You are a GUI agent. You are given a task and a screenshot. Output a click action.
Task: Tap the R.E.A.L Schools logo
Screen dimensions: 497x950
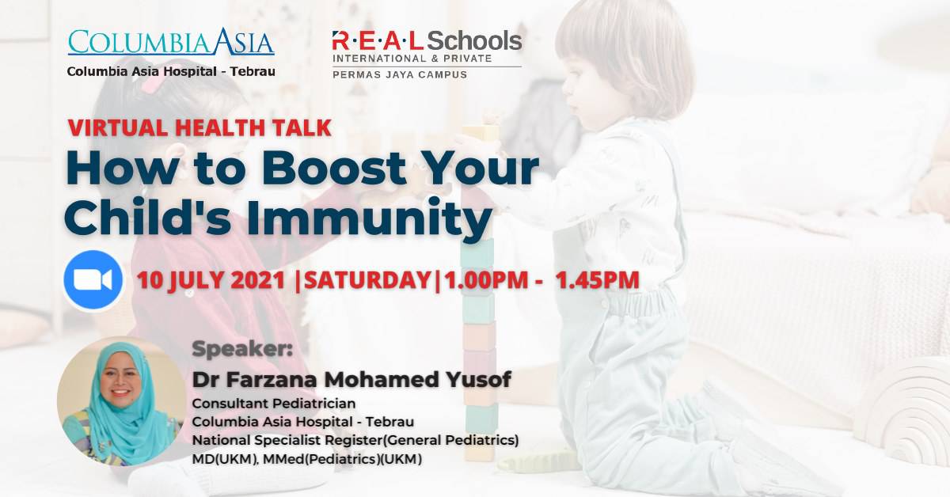tap(427, 41)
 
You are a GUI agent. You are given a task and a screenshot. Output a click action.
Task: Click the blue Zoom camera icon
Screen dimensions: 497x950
tap(93, 280)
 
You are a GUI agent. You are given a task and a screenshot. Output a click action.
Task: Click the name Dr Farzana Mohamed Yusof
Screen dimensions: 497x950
tap(351, 380)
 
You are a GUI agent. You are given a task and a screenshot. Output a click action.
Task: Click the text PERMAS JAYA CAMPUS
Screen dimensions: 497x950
tap(399, 74)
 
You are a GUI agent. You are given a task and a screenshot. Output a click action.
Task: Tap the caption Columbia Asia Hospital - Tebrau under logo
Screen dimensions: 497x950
tap(171, 71)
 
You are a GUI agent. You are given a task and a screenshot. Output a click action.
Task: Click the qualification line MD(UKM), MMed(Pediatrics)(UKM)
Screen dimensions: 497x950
tap(307, 460)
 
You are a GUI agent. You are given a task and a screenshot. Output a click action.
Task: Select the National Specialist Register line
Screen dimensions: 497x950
tap(355, 440)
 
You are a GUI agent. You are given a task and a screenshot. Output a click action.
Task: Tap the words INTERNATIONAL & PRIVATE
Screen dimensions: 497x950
tap(412, 59)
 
